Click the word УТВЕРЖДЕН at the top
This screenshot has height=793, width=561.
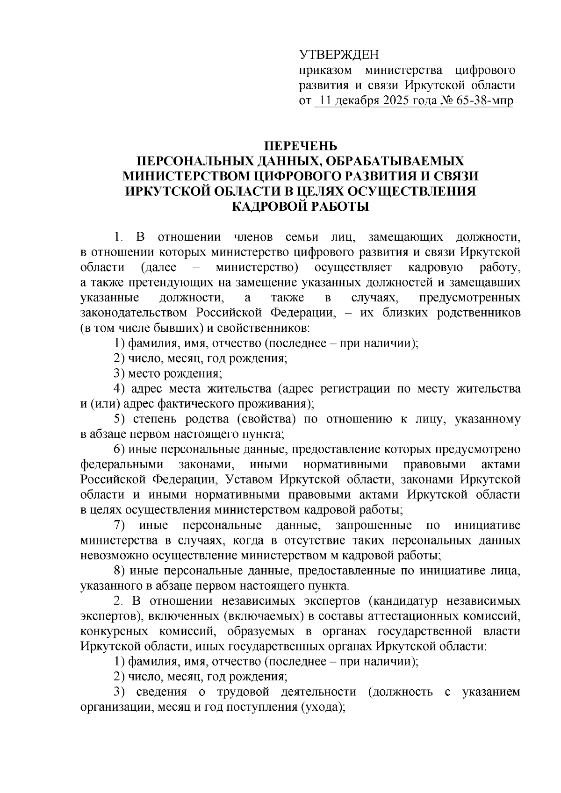[x=339, y=55]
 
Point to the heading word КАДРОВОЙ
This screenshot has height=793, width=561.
[x=270, y=206]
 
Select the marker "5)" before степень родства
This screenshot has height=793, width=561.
[x=120, y=419]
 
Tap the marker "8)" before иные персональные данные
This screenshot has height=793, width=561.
[x=120, y=571]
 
